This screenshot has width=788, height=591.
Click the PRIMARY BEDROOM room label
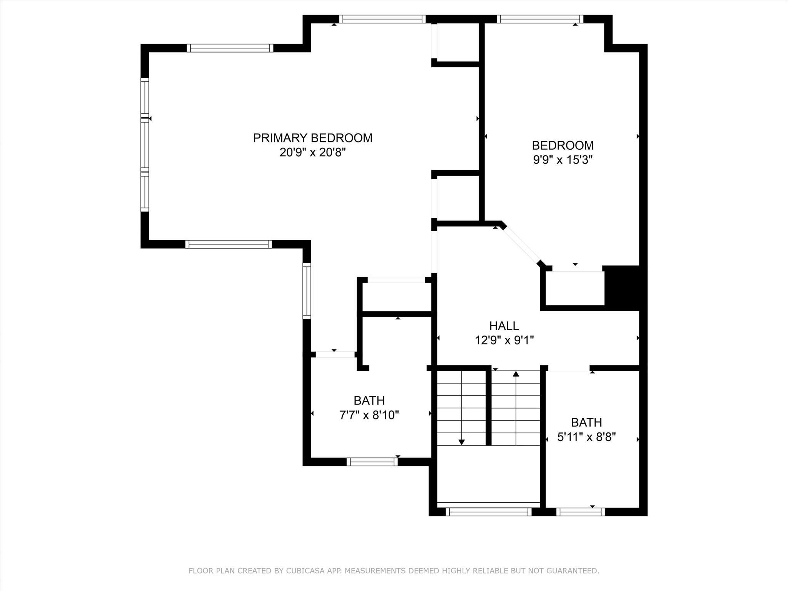click(312, 138)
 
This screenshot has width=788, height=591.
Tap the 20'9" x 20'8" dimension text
click(312, 152)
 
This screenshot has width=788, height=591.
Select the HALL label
click(504, 326)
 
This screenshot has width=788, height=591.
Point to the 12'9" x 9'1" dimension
click(504, 340)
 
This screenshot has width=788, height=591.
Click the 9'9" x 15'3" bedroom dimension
click(563, 160)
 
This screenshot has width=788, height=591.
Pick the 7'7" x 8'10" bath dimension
click(369, 415)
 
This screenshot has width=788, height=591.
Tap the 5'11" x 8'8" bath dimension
click(586, 437)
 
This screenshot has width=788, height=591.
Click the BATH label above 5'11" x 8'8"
click(586, 422)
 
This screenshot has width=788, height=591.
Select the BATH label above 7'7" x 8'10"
click(369, 401)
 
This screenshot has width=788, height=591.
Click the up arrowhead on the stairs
click(516, 374)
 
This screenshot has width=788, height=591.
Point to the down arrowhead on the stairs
click(462, 442)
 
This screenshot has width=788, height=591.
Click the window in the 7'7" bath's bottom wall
click(372, 462)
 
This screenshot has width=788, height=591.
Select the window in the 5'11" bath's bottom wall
click(580, 512)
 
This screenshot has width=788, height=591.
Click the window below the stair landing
click(488, 512)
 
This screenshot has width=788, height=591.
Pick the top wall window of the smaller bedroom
click(540, 19)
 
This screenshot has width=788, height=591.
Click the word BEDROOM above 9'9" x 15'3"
click(563, 145)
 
